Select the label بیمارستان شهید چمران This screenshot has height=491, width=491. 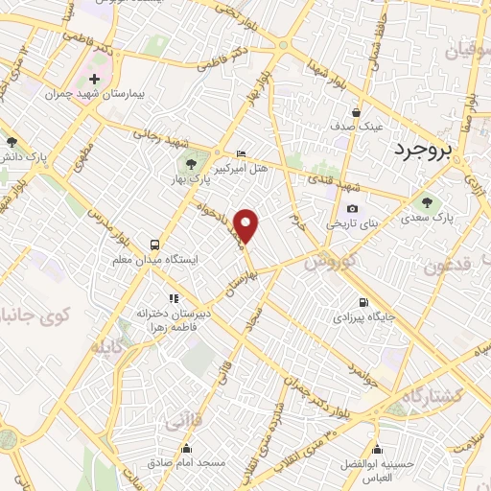point(94,94)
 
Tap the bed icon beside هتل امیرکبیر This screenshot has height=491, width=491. point(241,152)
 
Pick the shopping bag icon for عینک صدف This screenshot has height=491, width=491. point(356,110)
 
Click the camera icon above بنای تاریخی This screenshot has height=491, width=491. point(352,208)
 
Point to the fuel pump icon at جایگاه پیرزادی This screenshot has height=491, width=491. point(362,299)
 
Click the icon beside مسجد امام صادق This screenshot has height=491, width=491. point(186,448)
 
